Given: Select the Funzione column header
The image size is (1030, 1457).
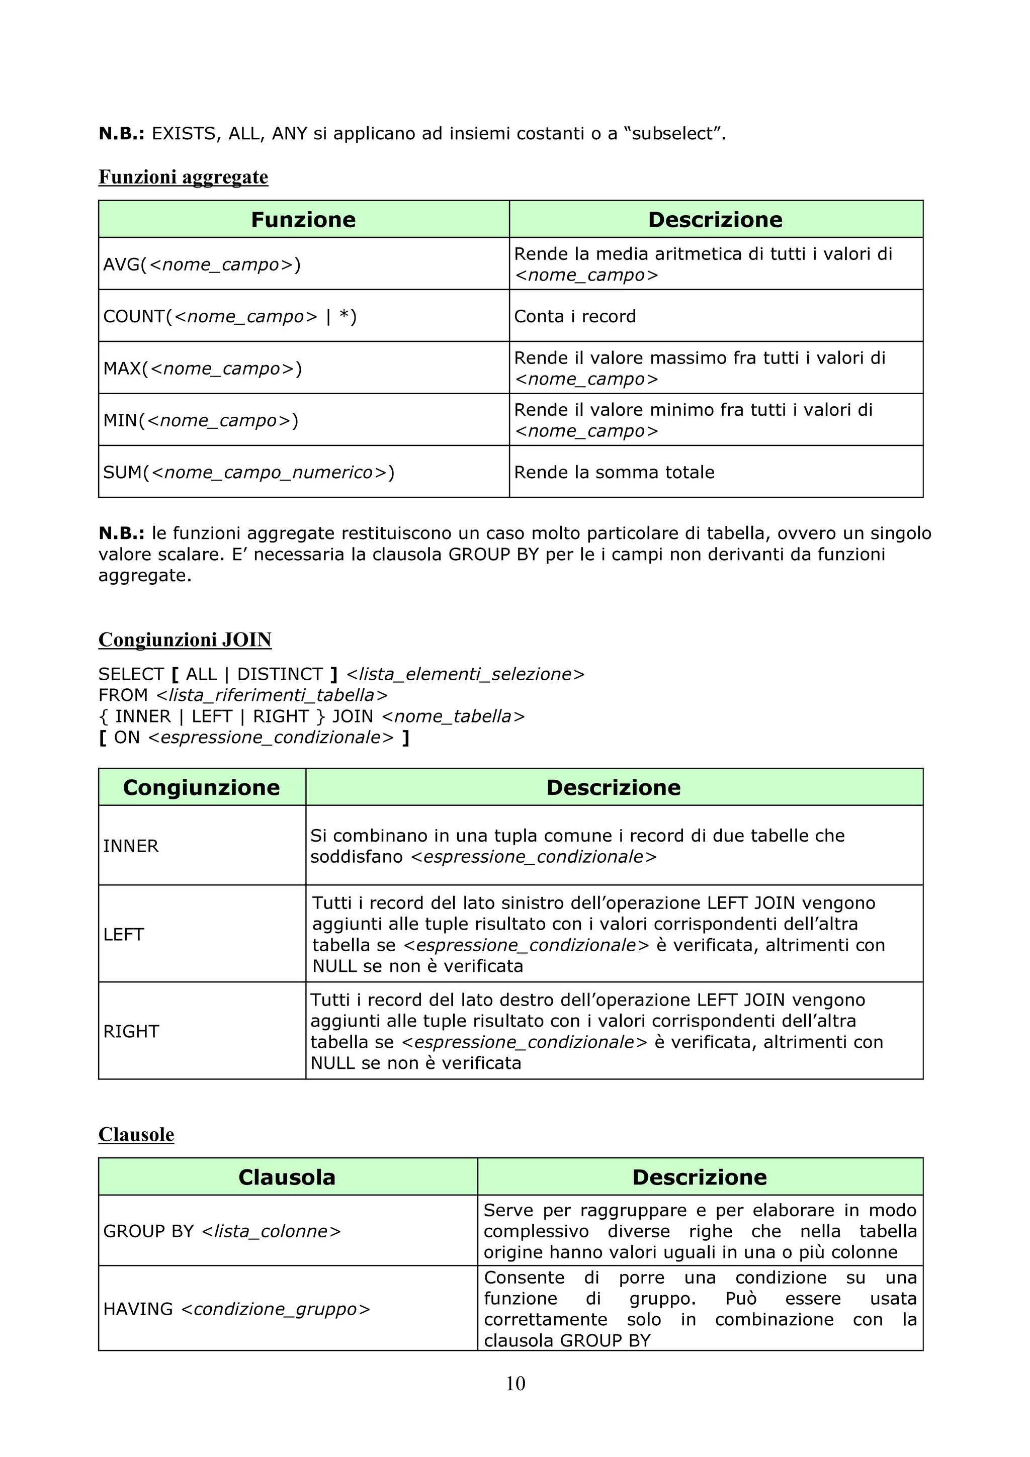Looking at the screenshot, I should pos(303,220).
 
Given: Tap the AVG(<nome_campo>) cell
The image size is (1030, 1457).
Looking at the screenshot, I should pos(202,264).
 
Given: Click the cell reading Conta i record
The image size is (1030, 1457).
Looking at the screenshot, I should pos(574,316).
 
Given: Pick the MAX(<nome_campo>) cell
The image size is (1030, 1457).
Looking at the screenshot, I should pos(203,368).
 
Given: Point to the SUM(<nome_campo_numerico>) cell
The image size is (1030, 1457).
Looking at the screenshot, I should pos(249,472).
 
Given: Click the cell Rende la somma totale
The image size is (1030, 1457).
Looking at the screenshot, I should pos(614,472).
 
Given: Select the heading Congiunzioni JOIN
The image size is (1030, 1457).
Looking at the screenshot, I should pos(185,639).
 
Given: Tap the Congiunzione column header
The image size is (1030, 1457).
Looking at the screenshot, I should pos(201,787).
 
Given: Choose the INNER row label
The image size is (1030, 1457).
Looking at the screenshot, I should pos(131,846).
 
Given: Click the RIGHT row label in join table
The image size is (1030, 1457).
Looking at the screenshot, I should pos(131,1031).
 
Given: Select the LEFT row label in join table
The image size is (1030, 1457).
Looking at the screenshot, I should pos(124,934).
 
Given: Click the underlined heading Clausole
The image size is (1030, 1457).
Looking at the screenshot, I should pos(136,1134).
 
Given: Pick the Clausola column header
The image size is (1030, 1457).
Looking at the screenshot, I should pos(286,1177).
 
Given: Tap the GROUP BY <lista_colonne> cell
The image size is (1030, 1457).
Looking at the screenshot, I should pos(222,1231).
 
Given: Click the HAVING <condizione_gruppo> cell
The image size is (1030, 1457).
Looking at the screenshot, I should pos(236,1309).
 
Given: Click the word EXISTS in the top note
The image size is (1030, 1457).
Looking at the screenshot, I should pos(184,133).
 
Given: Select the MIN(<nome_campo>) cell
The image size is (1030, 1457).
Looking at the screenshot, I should pos(201,420).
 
